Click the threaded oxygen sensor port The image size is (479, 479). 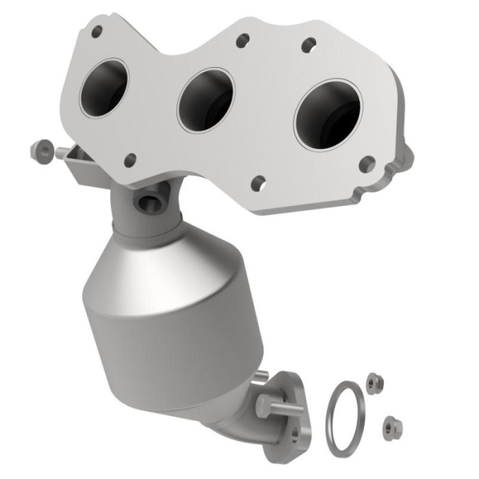click(x=148, y=203)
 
